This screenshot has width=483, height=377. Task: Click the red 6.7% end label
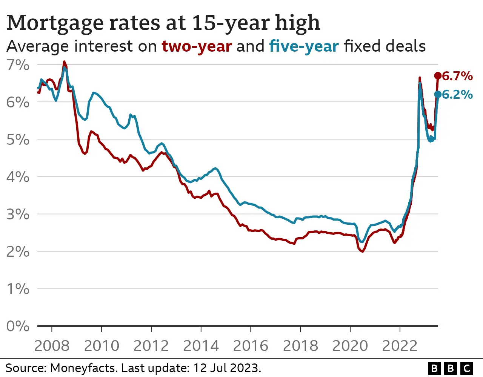[457, 76]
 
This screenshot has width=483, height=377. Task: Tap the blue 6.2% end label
[457, 94]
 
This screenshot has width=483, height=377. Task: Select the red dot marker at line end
[438, 76]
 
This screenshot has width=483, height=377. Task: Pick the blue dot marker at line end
[438, 94]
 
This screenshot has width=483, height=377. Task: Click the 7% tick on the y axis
[18, 65]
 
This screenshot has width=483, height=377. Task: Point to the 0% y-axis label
[18, 326]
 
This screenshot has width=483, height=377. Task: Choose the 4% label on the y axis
[18, 177]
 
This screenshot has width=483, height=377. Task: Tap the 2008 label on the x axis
[52, 346]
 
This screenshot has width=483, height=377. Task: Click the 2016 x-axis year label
[251, 346]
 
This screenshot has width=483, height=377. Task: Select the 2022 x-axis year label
[400, 346]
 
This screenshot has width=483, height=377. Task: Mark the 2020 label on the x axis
[350, 346]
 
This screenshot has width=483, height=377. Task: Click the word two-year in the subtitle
[197, 46]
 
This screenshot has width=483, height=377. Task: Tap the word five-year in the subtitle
[304, 46]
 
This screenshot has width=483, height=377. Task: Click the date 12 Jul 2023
[227, 368]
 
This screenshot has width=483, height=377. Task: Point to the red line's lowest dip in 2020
[362, 251]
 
